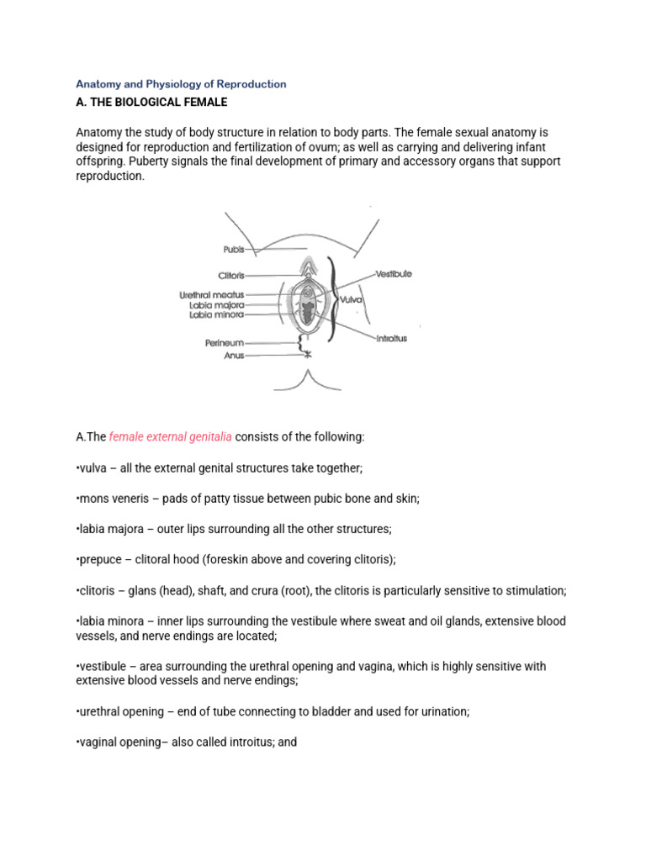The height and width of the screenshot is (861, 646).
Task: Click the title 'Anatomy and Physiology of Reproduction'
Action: [x=181, y=84]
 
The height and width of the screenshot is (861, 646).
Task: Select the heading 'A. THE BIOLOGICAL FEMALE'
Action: [x=152, y=103]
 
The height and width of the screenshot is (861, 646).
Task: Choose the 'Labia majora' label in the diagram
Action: [x=216, y=305]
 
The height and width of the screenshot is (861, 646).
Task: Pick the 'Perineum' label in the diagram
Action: [x=224, y=343]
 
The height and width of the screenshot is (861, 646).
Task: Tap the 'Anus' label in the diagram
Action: [x=234, y=356]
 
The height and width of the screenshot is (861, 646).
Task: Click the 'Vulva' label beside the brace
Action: [x=350, y=298]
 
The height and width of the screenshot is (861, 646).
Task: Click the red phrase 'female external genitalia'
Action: [x=171, y=437]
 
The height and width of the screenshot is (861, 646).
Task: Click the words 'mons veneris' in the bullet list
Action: [x=112, y=498]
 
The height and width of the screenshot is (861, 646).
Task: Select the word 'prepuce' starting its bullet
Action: [x=100, y=559]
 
